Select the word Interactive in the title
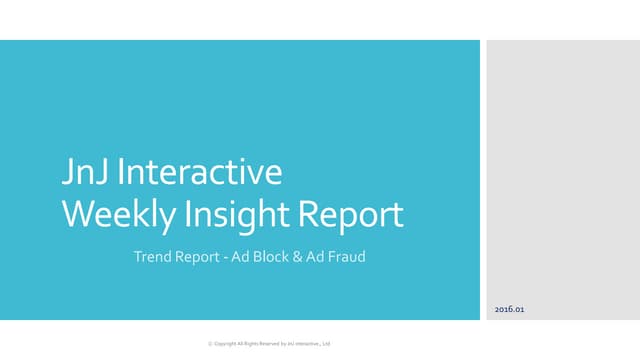[x=199, y=173]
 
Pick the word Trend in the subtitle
[x=151, y=258]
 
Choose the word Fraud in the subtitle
[x=346, y=258]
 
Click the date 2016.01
[x=509, y=310]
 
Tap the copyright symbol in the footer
[x=210, y=344]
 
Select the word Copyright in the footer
[x=226, y=344]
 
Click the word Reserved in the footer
[x=267, y=344]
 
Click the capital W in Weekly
[x=78, y=215]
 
